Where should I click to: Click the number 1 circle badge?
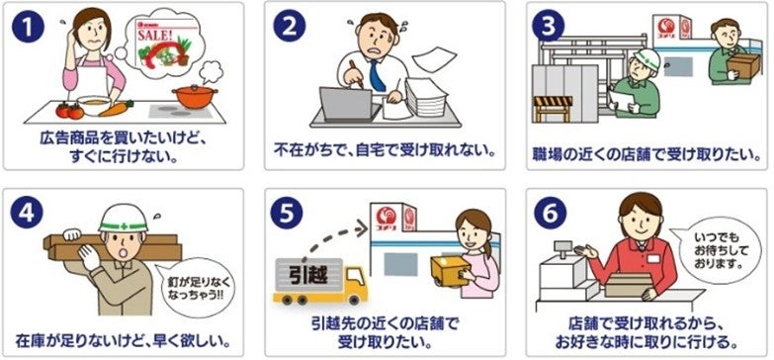(29, 26)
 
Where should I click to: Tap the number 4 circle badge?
(27, 212)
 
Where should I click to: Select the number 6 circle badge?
(550, 213)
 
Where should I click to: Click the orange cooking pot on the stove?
(196, 96)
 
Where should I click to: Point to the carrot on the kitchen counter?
(116, 108)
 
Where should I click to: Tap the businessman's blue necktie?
(378, 74)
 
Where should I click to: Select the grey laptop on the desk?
(347, 105)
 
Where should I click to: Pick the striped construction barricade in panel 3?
(553, 108)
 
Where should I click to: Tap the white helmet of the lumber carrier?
(123, 219)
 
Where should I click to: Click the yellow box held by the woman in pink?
(450, 271)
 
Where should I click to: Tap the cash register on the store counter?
(562, 271)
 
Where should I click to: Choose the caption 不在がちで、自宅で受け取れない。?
(386, 148)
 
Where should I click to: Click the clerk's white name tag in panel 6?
(653, 259)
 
